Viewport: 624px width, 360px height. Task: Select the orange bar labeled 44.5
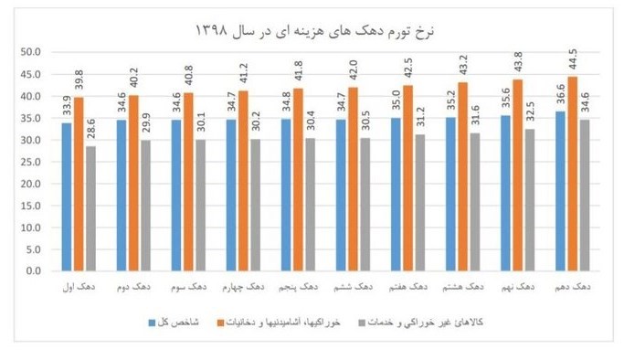click(574, 174)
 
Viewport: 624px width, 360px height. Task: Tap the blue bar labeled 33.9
click(67, 196)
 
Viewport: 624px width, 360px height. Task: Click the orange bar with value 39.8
click(79, 184)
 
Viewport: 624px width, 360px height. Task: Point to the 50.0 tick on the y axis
click(31, 52)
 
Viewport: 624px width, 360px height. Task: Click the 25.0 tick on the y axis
click(31, 162)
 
